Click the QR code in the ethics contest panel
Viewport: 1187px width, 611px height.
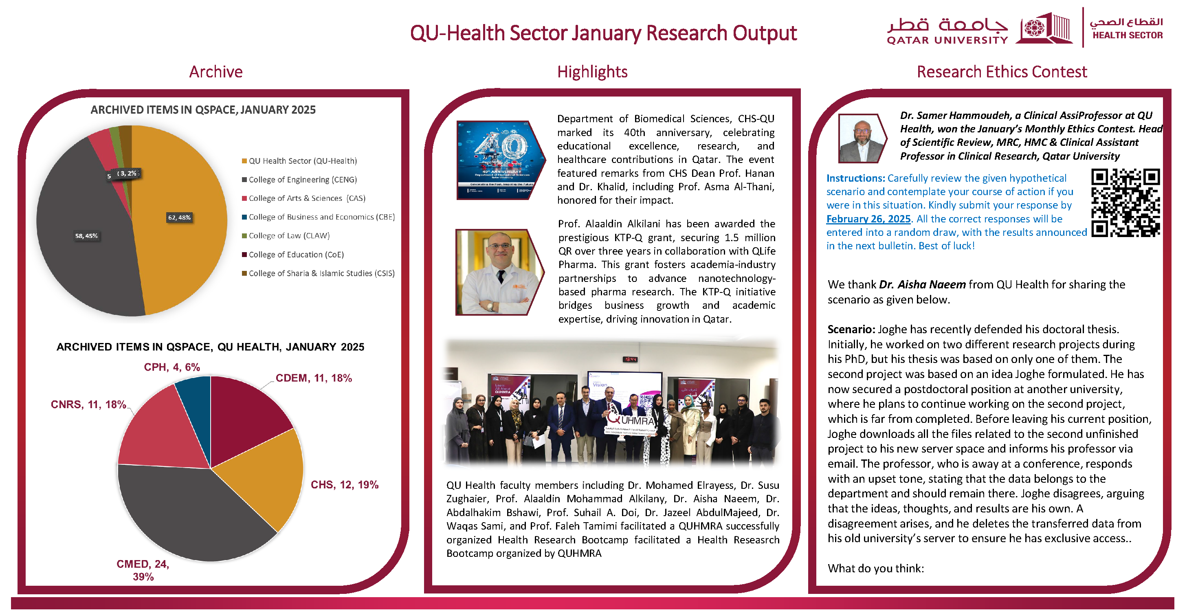[1125, 203]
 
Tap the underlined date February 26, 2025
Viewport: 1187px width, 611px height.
[868, 219]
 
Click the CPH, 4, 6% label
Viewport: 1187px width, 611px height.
[172, 367]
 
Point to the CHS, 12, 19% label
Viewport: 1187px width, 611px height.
[344, 485]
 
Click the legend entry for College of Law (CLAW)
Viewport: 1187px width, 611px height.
[289, 236]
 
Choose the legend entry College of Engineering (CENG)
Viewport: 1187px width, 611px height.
[302, 180]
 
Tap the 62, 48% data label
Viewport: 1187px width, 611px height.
[179, 218]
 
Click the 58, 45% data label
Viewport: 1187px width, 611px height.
[86, 236]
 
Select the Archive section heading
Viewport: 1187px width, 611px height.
[215, 72]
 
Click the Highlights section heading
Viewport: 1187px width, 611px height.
[592, 72]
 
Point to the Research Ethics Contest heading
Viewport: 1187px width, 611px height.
[1002, 72]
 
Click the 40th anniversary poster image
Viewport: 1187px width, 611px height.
[500, 160]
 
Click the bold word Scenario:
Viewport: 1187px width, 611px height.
[851, 330]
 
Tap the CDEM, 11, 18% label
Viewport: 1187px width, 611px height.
[314, 378]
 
